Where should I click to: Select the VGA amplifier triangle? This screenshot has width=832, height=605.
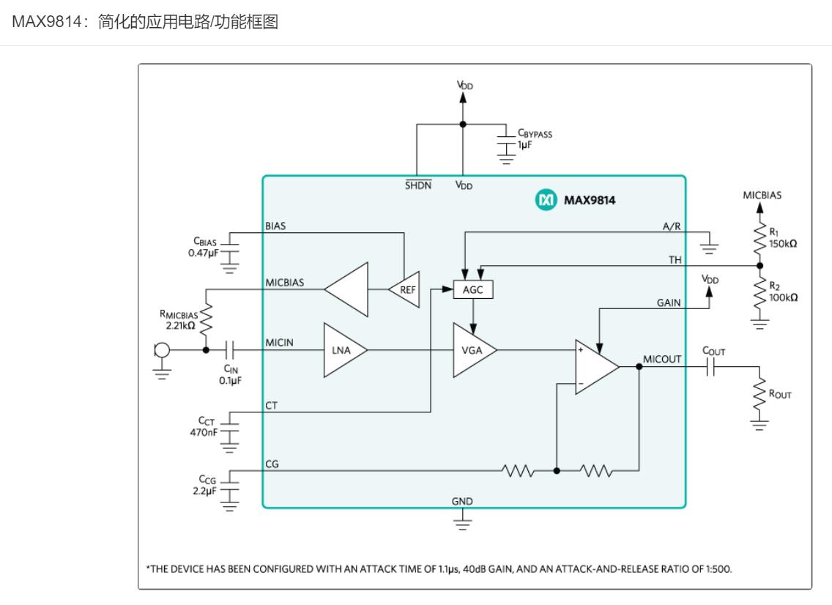click(x=472, y=351)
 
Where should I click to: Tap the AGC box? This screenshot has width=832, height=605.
click(x=474, y=290)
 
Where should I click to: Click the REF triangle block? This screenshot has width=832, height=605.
click(x=406, y=290)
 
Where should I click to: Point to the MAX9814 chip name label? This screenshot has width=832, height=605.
click(x=589, y=199)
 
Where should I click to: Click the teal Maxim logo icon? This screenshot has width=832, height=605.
click(x=546, y=199)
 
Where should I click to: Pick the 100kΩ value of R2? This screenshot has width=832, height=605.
click(x=783, y=297)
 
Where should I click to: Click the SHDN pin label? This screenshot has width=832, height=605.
click(x=418, y=185)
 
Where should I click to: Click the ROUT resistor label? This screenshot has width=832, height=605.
click(x=779, y=394)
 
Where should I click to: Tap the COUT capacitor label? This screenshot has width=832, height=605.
click(x=713, y=352)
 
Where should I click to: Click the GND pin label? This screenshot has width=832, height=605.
click(x=462, y=502)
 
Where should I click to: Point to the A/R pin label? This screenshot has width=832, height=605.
click(x=671, y=226)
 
